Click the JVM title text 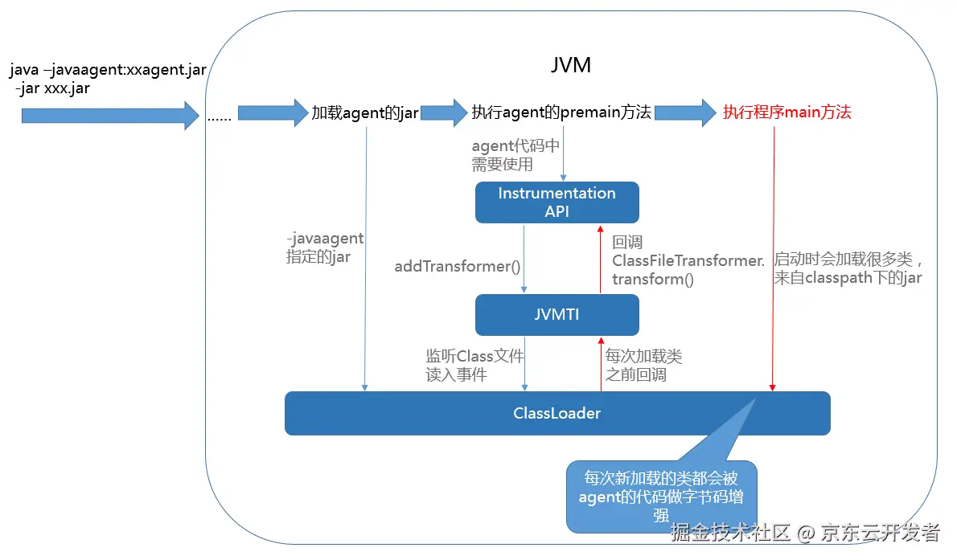pyautogui.click(x=571, y=65)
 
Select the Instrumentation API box pyautogui.click(x=557, y=202)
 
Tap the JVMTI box pyautogui.click(x=557, y=315)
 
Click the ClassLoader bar pyautogui.click(x=557, y=414)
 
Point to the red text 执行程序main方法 pyautogui.click(x=787, y=112)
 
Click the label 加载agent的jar pyautogui.click(x=365, y=113)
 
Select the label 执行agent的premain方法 pyautogui.click(x=561, y=112)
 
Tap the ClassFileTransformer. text pyautogui.click(x=688, y=260)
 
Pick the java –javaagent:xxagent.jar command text pyautogui.click(x=109, y=71)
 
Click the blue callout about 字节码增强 pyautogui.click(x=661, y=497)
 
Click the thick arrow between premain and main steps pyautogui.click(x=684, y=112)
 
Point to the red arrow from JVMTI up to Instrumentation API pyautogui.click(x=599, y=259)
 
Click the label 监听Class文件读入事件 pyautogui.click(x=474, y=365)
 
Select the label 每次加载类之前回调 pyautogui.click(x=643, y=365)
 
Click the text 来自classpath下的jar pyautogui.click(x=848, y=278)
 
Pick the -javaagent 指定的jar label pyautogui.click(x=325, y=248)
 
